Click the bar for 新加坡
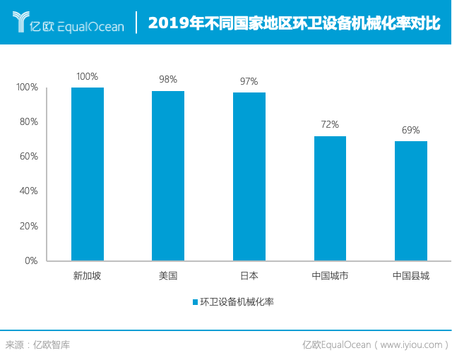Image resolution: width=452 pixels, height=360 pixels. coord(88,174)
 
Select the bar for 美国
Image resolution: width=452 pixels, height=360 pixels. coord(168,176)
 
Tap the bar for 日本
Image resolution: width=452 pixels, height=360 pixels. coord(249,176)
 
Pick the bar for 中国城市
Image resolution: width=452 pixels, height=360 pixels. coord(330,198)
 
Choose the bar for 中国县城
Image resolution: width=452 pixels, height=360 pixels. coord(411,201)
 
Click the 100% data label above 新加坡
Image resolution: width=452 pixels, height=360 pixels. coord(88,76)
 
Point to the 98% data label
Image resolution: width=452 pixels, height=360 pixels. coord(168,80)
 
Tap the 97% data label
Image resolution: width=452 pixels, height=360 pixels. coord(249,81)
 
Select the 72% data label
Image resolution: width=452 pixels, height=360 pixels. coord(330,125)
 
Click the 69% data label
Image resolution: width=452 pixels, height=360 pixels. coord(411,130)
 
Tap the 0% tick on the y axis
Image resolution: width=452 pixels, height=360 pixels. coord(30,261)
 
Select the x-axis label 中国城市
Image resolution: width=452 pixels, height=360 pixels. coord(330,276)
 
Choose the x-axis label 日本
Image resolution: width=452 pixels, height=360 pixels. coord(249,276)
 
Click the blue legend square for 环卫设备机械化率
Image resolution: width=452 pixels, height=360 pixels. coord(195,302)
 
